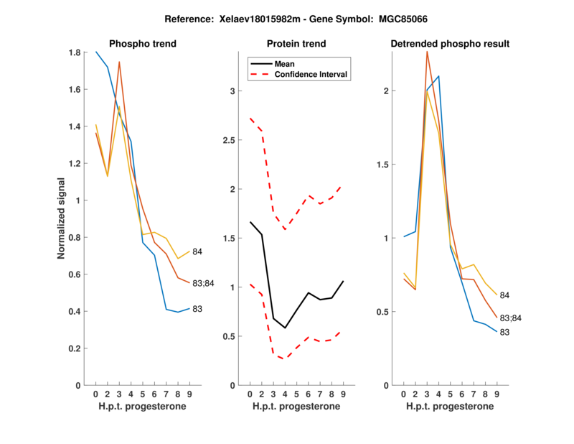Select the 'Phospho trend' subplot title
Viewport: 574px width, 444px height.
click(x=142, y=44)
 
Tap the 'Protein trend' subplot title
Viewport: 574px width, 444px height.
click(x=296, y=44)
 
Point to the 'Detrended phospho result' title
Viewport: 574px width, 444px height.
click(x=450, y=44)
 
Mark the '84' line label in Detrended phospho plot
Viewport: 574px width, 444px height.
click(x=504, y=295)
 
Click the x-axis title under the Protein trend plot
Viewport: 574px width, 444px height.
click(x=296, y=407)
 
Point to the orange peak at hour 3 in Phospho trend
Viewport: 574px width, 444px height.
click(x=119, y=62)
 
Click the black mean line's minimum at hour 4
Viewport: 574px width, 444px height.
click(x=285, y=328)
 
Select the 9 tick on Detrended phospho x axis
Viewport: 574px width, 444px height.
click(x=497, y=394)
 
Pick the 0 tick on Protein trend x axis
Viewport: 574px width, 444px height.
click(x=250, y=394)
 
